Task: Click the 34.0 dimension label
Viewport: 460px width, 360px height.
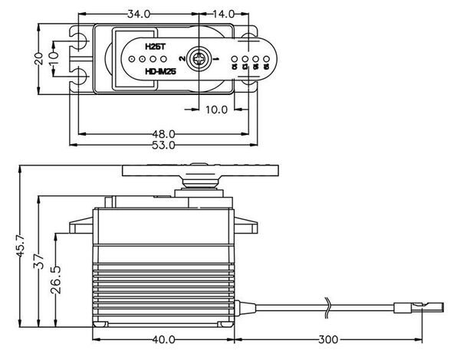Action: pos(139,14)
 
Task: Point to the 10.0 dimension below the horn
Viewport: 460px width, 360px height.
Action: pos(216,110)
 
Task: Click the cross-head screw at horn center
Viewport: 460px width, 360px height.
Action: pos(201,58)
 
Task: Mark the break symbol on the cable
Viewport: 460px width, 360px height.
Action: pos(328,306)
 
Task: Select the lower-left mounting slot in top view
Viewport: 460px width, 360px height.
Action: pos(78,75)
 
